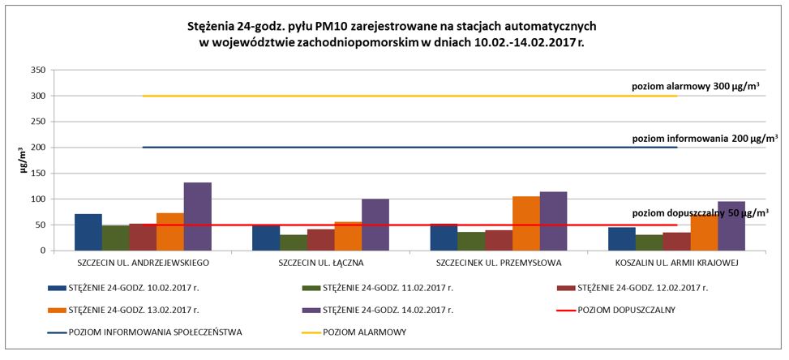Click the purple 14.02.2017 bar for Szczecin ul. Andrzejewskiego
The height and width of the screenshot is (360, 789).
pyautogui.click(x=197, y=216)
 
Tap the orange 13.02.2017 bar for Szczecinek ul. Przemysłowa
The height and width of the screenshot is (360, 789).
pyautogui.click(x=526, y=224)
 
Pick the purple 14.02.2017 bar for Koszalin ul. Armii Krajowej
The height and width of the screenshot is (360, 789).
pyautogui.click(x=731, y=226)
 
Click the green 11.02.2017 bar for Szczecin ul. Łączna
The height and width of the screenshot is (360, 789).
pyautogui.click(x=294, y=242)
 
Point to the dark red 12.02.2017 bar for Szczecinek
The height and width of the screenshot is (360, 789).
pyautogui.click(x=499, y=241)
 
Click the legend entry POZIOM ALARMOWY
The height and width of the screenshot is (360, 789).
pyautogui.click(x=365, y=332)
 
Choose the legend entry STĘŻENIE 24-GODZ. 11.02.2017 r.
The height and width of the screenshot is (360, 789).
pyautogui.click(x=384, y=287)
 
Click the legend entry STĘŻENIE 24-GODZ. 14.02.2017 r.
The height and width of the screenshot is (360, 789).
pyautogui.click(x=384, y=309)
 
